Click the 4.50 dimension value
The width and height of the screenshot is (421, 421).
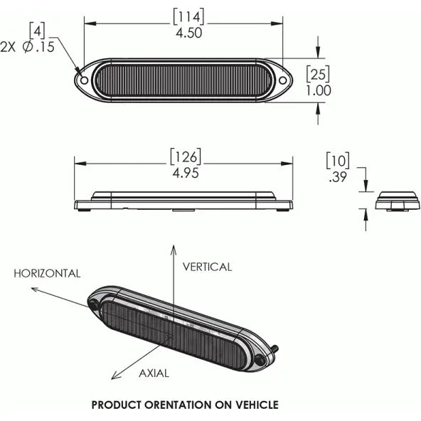tap(188, 33)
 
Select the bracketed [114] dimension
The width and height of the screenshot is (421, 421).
tap(188, 16)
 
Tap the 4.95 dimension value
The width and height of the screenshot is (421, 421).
tap(186, 173)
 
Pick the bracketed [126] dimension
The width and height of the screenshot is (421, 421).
tap(186, 156)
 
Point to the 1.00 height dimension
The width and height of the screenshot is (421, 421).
tap(319, 90)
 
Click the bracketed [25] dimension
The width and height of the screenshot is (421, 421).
tap(318, 73)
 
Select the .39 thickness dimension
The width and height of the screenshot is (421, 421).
tap(338, 177)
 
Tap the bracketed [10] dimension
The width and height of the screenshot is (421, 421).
tap(338, 161)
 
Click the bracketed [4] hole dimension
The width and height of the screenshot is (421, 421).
tap(37, 31)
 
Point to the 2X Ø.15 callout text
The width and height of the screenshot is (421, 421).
tap(28, 47)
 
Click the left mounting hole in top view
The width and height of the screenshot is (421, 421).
tap(85, 80)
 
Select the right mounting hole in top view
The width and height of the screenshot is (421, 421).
tap(282, 80)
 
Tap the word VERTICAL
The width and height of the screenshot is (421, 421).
tap(207, 267)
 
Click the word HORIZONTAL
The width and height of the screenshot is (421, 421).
tap(47, 274)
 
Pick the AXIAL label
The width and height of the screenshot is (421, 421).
tap(154, 373)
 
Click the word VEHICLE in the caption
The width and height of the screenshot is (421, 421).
tap(257, 405)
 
